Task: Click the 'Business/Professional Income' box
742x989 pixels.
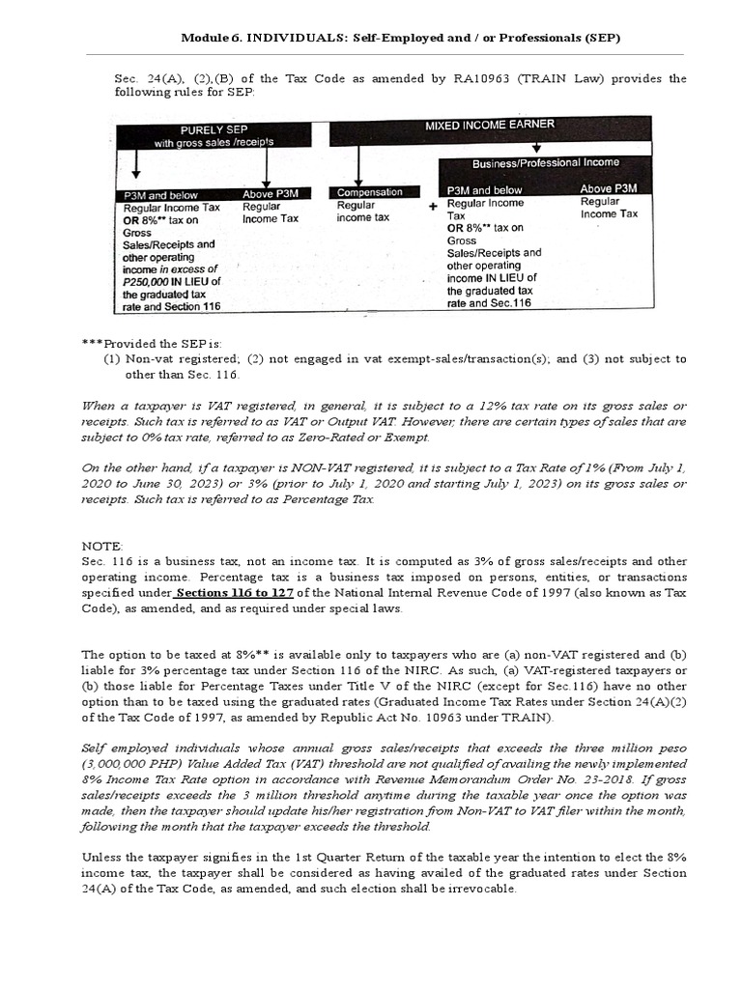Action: coord(546,162)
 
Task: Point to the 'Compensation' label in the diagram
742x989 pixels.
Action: coord(369,192)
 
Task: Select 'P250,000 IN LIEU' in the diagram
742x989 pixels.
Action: coord(172,282)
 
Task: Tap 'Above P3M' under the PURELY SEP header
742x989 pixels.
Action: coord(271,193)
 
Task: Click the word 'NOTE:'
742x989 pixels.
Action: coord(102,546)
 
